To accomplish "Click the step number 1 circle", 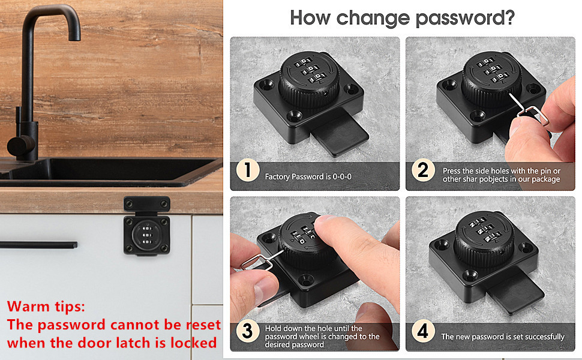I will [x=247, y=171].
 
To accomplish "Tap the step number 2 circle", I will [x=423, y=171].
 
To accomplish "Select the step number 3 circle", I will [x=247, y=331].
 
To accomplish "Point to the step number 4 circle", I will [x=423, y=331].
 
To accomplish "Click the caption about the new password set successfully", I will [x=503, y=337].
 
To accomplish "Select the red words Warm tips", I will [x=46, y=307].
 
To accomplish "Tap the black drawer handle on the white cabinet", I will [x=38, y=245].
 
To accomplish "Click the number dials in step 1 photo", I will [x=307, y=68].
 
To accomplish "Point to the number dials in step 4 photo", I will [x=484, y=232].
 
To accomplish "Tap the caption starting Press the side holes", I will [x=501, y=175].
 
